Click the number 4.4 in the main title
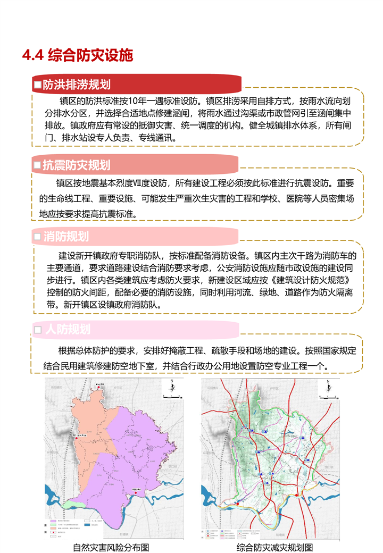point(32,55)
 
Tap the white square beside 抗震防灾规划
point(37,166)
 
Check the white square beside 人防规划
point(37,330)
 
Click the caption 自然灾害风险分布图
point(111,547)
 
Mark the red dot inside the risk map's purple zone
point(136,493)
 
